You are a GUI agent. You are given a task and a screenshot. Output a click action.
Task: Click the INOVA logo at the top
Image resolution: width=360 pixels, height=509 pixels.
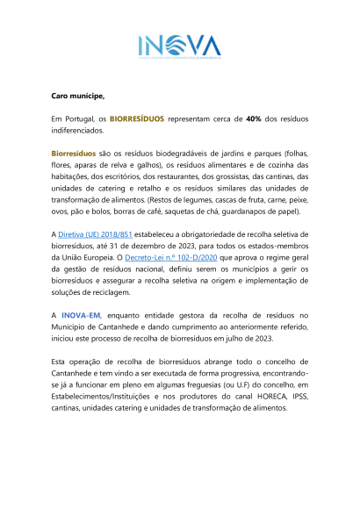[180, 47]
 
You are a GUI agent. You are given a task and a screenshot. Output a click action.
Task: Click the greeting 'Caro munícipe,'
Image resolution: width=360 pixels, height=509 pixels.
[78, 96]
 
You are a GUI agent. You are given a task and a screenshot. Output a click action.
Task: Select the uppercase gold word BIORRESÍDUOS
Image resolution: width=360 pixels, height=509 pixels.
[137, 119]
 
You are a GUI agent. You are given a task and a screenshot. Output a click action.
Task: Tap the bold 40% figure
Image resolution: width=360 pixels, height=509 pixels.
[254, 119]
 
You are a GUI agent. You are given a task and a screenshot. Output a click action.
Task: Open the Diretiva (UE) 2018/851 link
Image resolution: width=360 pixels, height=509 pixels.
[95, 234]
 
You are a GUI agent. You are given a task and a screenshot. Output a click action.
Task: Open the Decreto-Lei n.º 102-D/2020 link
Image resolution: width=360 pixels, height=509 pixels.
[171, 258]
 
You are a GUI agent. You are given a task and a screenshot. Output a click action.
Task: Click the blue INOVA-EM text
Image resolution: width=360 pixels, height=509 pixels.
[81, 316]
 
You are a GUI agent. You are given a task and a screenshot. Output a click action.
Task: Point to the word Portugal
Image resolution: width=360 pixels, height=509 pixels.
[80, 119]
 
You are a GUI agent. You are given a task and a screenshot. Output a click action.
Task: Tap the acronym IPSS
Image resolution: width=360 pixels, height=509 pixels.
[300, 397]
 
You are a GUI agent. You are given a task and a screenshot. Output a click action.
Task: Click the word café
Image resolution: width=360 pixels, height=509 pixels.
[154, 211]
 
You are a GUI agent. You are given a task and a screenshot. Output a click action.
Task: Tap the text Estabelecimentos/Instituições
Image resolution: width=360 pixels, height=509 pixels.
[100, 397]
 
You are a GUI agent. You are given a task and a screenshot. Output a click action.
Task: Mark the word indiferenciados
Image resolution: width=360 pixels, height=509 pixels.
[77, 131]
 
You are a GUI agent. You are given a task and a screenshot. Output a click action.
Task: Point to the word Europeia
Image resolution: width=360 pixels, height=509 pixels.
[99, 258]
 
